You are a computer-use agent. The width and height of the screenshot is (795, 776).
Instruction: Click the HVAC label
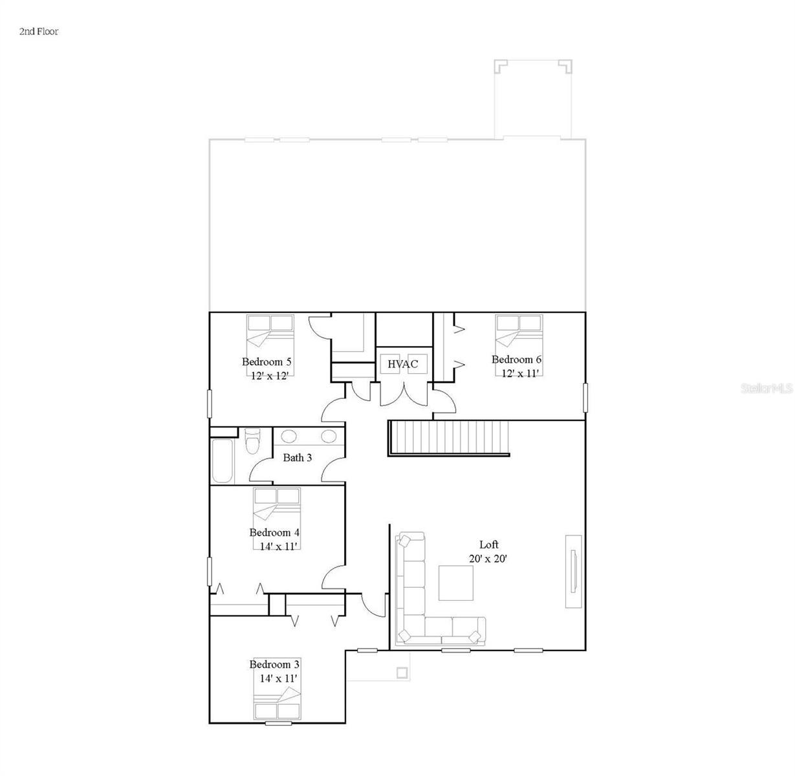402,364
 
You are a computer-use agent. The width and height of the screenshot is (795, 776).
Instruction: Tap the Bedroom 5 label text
267,361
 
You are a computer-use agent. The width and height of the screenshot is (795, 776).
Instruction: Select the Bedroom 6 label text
516,360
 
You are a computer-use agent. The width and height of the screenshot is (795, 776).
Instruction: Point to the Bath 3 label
298,458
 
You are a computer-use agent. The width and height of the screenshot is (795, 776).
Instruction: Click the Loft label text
488,544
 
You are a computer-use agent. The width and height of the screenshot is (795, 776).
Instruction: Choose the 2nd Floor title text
39,31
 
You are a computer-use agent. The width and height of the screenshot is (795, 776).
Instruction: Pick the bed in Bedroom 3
277,703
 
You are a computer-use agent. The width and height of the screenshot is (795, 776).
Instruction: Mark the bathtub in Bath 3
222,460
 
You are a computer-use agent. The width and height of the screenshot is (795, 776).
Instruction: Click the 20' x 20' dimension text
488,558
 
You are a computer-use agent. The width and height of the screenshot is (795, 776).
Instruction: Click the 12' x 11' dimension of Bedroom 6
520,372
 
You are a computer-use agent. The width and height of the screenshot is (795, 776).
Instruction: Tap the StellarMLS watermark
767,389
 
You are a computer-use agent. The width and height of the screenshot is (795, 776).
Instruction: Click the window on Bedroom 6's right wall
585,397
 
